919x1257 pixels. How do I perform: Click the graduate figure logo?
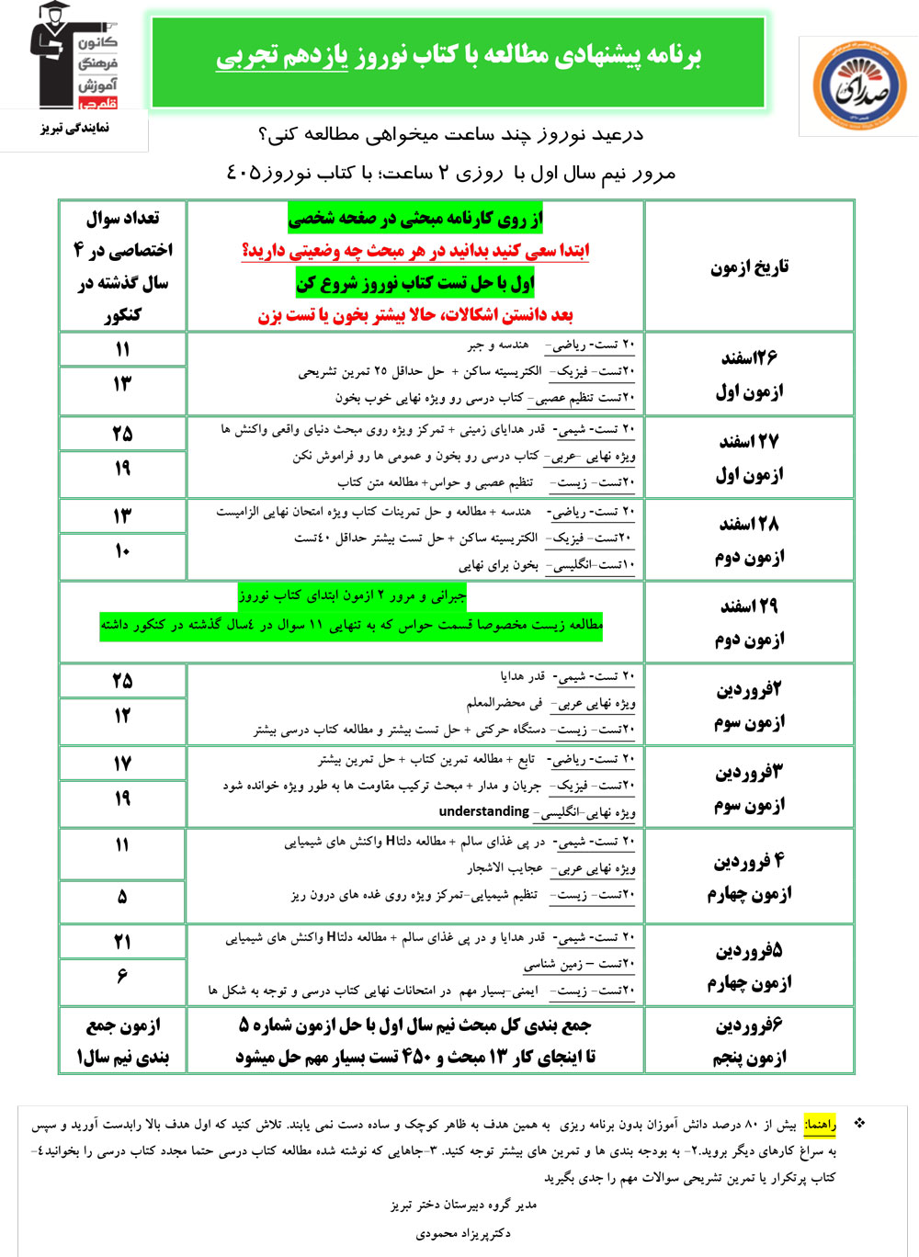pyautogui.click(x=73, y=57)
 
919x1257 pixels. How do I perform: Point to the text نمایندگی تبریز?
pyautogui.click(x=75, y=129)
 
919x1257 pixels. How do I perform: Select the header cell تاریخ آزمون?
pyautogui.click(x=749, y=267)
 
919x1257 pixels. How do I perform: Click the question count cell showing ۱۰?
pyautogui.click(x=122, y=551)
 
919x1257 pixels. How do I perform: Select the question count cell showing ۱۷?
pyautogui.click(x=122, y=764)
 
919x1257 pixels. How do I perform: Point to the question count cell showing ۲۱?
pyautogui.click(x=122, y=942)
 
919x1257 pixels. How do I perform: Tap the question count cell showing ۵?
pyautogui.click(x=122, y=897)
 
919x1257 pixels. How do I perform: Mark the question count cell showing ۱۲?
pyautogui.click(x=122, y=716)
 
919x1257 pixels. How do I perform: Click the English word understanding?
pyautogui.click(x=484, y=811)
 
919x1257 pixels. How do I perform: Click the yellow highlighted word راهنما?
pyautogui.click(x=820, y=1125)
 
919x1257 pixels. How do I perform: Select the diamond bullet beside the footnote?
pyautogui.click(x=859, y=1123)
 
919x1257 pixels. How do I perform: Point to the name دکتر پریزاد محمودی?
pyautogui.click(x=463, y=1233)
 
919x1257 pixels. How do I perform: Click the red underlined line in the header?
pyautogui.click(x=415, y=251)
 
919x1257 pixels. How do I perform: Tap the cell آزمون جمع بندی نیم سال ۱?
pyautogui.click(x=122, y=1040)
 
